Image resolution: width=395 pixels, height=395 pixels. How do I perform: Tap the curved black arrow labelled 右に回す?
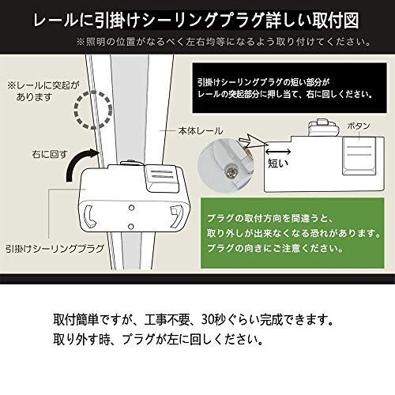click(77, 162)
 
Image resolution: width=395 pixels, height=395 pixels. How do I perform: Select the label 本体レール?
click(201, 131)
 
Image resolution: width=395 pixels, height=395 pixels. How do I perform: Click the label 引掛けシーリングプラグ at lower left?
click(55, 248)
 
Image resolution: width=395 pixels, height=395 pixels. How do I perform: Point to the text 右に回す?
click(50, 154)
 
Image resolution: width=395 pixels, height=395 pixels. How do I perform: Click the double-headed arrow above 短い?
click(278, 152)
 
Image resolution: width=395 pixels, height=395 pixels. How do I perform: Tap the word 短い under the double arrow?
click(278, 164)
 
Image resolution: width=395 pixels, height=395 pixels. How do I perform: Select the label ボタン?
click(359, 126)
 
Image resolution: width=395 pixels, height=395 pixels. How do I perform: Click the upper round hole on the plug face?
click(131, 208)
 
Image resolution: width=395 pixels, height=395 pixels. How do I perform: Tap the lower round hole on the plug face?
click(130, 226)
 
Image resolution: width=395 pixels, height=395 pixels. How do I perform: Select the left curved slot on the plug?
click(88, 217)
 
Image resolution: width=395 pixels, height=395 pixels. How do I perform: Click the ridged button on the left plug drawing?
click(163, 179)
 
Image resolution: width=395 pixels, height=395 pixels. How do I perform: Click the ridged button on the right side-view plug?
click(359, 156)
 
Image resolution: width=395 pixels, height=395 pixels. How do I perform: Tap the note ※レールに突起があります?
click(43, 91)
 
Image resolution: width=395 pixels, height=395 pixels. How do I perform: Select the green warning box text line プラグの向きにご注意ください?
click(275, 248)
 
